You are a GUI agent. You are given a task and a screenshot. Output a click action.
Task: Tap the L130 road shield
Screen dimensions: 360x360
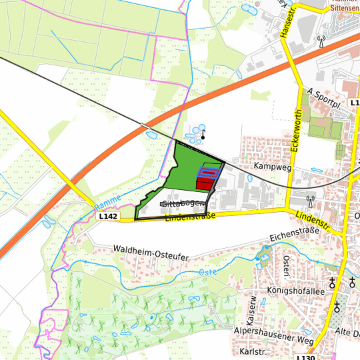305,357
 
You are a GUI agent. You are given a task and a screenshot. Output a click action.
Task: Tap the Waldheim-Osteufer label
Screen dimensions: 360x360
151,251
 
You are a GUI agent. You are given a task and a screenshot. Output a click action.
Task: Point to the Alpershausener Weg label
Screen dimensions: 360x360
273,335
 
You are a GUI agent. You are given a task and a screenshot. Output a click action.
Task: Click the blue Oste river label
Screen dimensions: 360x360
209,273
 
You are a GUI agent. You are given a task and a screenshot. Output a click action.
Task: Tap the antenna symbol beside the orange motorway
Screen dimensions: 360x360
322,41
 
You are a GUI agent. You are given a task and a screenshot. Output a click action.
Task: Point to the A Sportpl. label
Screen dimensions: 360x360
325,99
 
